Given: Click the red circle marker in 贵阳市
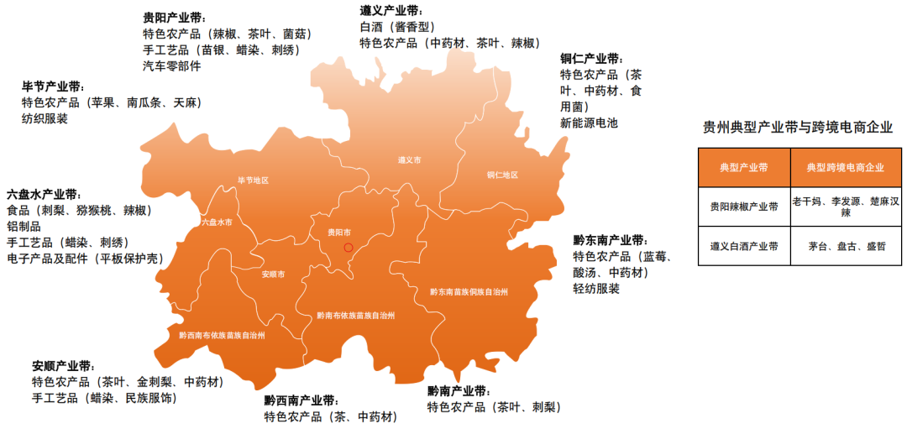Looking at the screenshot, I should click(x=349, y=247).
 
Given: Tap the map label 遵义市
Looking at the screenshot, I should click(x=409, y=160).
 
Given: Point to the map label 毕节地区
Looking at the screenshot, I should click(x=253, y=180).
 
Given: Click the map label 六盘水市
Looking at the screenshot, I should click(x=217, y=222).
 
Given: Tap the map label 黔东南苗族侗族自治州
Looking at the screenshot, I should click(x=469, y=291).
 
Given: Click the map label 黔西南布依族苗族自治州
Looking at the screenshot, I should click(x=222, y=335).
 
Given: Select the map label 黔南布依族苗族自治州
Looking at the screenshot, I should click(x=355, y=316).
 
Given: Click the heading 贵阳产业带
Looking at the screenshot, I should click(x=174, y=18).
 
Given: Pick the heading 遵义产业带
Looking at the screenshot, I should click(x=391, y=11).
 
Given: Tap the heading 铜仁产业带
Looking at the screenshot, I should click(x=591, y=59).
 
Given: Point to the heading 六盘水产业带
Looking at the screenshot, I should click(x=43, y=194).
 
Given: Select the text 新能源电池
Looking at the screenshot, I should click(x=589, y=123).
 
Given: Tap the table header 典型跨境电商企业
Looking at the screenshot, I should click(x=845, y=168).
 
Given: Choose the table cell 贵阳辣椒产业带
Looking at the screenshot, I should click(x=744, y=207).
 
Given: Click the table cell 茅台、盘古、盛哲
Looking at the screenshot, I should click(x=846, y=247).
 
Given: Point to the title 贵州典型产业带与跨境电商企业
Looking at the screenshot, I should click(x=797, y=128).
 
